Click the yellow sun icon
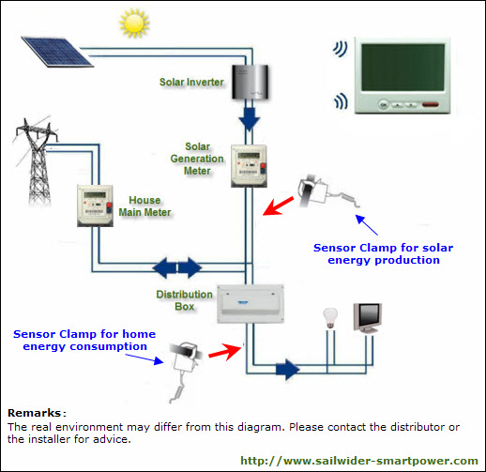tap(134, 23)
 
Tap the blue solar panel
tap(57, 52)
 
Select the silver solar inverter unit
tap(250, 82)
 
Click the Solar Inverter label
tap(191, 82)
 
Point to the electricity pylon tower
tap(38, 161)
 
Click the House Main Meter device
tap(95, 206)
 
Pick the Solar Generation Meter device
tap(249, 166)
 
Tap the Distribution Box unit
tap(251, 304)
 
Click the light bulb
tap(330, 318)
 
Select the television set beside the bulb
tap(368, 318)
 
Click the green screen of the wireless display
tap(402, 68)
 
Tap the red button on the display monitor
tap(431, 104)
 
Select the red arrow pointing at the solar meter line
tap(279, 206)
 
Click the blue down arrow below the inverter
tap(250, 119)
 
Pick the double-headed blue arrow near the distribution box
tap(177, 267)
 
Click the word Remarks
tap(34, 413)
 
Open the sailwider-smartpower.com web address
tap(359, 461)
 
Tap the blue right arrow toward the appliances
tap(288, 370)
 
